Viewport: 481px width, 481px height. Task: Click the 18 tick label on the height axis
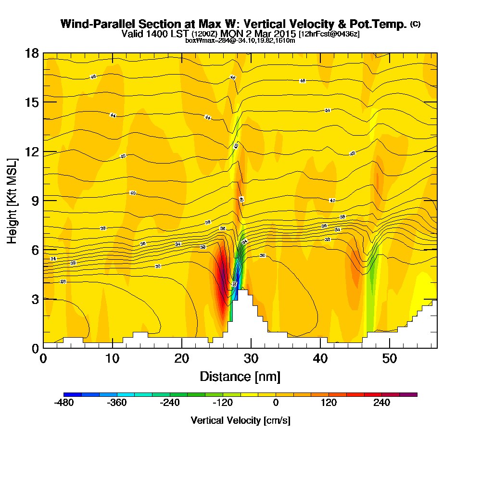point(32,53)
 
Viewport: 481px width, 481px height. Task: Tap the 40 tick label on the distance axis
point(320,358)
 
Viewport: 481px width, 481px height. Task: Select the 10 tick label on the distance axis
point(112,358)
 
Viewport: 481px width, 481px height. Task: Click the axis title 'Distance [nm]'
point(240,376)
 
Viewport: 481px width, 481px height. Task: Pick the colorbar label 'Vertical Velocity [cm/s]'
point(240,420)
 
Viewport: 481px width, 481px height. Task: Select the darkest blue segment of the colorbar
point(73,394)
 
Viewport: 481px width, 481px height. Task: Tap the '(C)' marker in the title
point(415,24)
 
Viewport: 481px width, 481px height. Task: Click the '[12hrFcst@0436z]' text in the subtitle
point(329,34)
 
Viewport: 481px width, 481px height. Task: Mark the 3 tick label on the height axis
point(35,299)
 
